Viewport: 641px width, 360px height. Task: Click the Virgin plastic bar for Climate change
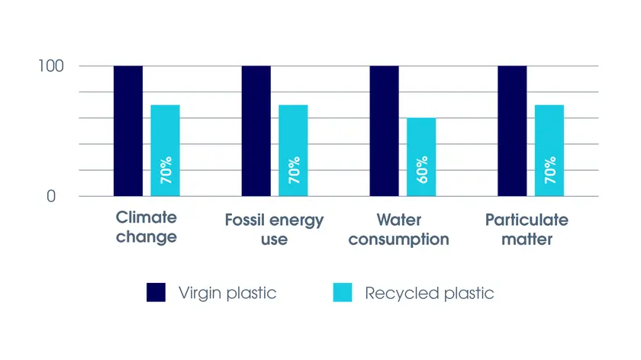[128, 130]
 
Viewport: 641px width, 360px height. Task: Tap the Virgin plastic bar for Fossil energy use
[256, 130]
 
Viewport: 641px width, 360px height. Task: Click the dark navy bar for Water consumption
[384, 130]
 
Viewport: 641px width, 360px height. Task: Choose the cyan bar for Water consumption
[420, 156]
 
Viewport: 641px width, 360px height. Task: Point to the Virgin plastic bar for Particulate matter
[512, 130]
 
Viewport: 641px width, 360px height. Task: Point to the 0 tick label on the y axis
[51, 196]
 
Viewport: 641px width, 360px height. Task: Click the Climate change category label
[147, 227]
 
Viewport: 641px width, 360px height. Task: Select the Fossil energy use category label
[275, 229]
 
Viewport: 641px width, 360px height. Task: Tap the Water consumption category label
[403, 229]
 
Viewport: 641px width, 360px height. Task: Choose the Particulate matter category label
[527, 229]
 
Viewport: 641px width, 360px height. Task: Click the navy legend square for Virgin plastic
[156, 292]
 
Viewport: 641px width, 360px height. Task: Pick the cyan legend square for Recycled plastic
[343, 292]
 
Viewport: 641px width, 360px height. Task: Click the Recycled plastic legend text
[430, 293]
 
